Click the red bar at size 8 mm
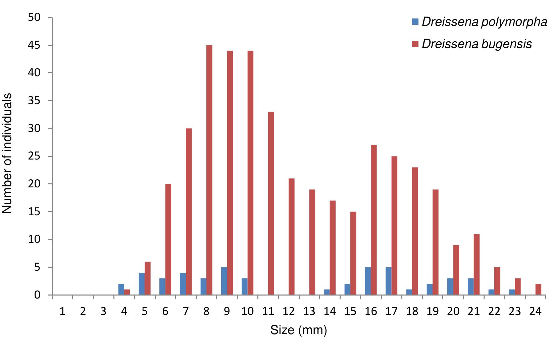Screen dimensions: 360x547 click(209, 170)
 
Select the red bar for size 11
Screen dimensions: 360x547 click(271, 204)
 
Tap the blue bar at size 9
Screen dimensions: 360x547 click(224, 281)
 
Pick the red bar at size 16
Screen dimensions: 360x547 click(374, 220)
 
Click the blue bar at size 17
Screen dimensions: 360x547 click(388, 281)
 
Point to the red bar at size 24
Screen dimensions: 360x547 click(538, 289)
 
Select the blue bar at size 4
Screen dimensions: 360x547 click(121, 289)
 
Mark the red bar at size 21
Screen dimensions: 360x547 click(477, 265)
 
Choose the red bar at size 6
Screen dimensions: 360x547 click(168, 239)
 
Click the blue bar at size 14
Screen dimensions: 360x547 click(327, 292)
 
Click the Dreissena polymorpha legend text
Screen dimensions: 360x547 click(484, 22)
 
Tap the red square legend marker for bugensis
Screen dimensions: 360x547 click(415, 44)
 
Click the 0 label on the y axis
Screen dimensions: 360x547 click(37, 295)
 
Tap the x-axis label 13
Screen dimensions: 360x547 click(309, 312)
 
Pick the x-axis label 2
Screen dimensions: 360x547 click(83, 312)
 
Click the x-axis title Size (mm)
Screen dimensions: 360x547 click(298, 330)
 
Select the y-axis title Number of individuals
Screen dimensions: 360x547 click(7, 153)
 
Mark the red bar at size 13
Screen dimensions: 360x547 click(312, 242)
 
